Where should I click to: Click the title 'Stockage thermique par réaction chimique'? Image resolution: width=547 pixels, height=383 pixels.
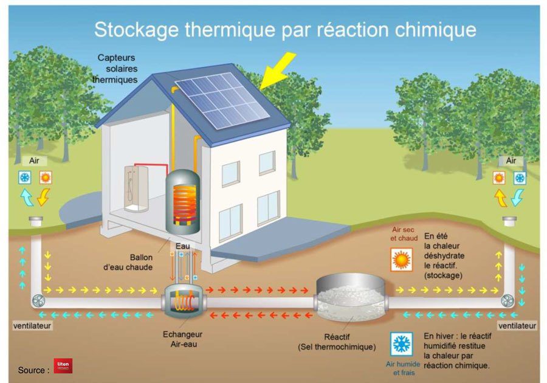pyautogui.click(x=285, y=29)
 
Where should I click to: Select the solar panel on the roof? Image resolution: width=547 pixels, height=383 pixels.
pyautogui.click(x=222, y=100)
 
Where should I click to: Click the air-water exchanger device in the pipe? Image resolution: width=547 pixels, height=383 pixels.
pyautogui.click(x=183, y=299)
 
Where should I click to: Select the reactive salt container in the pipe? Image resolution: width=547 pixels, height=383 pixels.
pyautogui.click(x=349, y=297)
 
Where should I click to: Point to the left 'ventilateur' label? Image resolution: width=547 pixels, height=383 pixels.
pyautogui.click(x=32, y=326)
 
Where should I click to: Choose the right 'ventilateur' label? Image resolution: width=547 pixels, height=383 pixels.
pyautogui.click(x=517, y=326)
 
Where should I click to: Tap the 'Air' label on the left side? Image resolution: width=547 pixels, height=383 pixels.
pyautogui.click(x=35, y=161)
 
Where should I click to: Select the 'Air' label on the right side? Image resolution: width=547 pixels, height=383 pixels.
pyautogui.click(x=510, y=160)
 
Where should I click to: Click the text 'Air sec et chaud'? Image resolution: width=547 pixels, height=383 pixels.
pyautogui.click(x=404, y=234)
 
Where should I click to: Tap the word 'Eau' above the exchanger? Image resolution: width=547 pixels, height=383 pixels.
pyautogui.click(x=182, y=246)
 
